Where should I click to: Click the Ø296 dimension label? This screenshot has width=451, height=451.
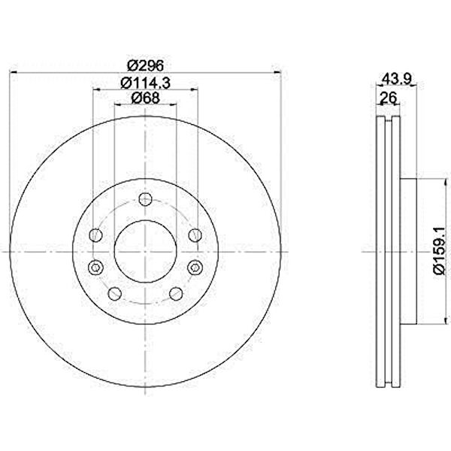tap(146, 66)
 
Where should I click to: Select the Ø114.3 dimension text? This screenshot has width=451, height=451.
tap(145, 83)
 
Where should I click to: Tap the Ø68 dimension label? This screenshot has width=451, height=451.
tap(145, 98)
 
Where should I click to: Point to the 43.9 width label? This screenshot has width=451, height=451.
tap(397, 78)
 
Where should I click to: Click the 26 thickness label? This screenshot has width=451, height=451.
tap(389, 98)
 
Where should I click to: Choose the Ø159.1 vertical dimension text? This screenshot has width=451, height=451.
tap(440, 252)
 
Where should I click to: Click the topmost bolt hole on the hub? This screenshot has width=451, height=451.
tap(145, 199)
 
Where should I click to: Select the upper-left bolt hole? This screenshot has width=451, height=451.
tap(95, 235)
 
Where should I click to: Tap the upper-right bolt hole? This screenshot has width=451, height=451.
tap(195, 235)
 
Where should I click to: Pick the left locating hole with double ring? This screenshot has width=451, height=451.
tap(95, 268)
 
